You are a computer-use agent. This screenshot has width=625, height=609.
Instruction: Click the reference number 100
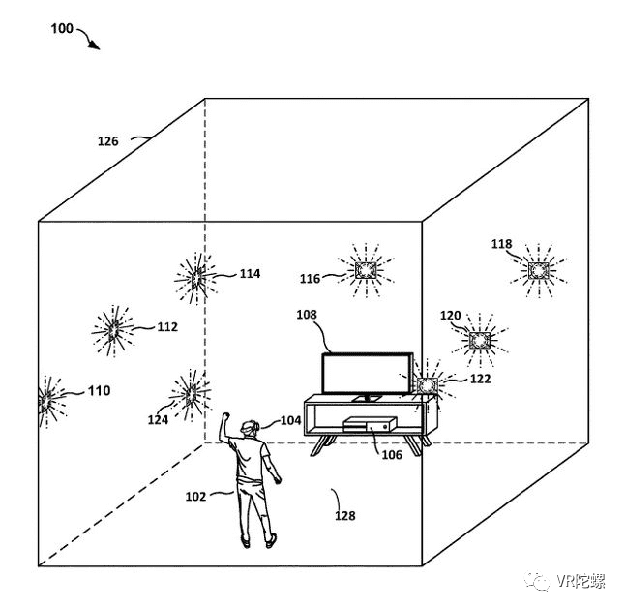point(62,29)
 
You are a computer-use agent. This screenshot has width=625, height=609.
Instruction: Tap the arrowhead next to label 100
point(95,46)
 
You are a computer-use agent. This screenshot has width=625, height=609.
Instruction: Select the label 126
point(108,141)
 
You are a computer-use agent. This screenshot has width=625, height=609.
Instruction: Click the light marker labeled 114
point(196,278)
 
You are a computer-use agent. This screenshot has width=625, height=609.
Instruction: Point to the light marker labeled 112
point(113,330)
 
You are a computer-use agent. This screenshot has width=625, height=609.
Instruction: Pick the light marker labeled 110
point(46,401)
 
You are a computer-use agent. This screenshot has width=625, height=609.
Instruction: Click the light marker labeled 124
point(191,395)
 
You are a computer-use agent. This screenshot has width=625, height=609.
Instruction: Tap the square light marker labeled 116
point(366,270)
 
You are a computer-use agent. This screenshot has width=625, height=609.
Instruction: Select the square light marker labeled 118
point(538,271)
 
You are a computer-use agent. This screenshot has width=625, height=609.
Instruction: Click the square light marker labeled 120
point(480,340)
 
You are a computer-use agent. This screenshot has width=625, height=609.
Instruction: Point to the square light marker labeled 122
point(428,385)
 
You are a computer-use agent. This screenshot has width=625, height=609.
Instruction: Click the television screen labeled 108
point(367,374)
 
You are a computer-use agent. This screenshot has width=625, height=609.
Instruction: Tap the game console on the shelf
point(370,424)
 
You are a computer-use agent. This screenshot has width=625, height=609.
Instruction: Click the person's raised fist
point(225,416)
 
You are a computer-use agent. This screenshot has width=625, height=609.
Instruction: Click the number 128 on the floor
point(344,516)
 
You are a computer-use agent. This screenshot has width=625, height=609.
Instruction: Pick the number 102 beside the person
point(195,497)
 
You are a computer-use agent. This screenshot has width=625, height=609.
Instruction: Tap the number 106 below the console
point(392,455)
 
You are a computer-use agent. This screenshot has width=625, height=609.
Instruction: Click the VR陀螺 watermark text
point(580,581)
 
